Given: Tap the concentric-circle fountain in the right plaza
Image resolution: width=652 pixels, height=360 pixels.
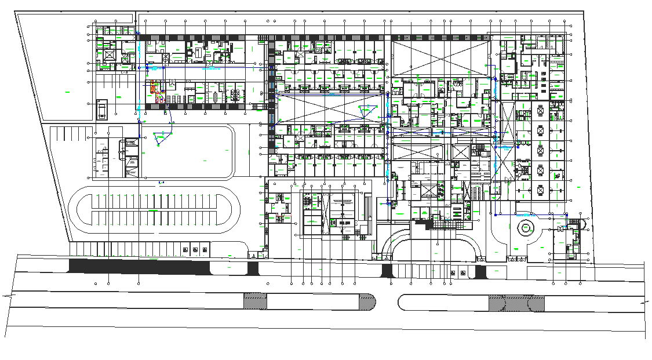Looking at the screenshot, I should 526,228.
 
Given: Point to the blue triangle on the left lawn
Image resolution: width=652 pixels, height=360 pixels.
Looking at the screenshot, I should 162,138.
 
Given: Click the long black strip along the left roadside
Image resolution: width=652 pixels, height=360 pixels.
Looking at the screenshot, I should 139,267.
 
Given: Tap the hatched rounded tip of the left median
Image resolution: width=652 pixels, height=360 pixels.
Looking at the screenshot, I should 367,301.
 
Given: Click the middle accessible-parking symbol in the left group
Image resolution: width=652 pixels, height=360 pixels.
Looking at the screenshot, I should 195,250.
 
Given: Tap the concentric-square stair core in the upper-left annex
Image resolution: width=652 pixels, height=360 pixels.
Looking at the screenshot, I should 108,54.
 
